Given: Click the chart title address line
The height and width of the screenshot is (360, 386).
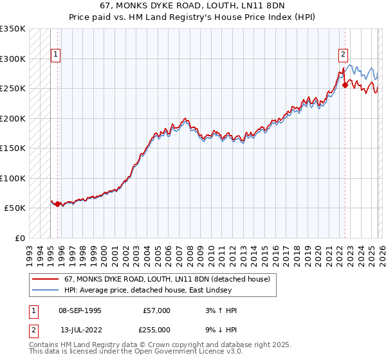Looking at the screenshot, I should pyautogui.click(x=193, y=5).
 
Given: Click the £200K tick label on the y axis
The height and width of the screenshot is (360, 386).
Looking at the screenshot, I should pyautogui.click(x=13, y=118).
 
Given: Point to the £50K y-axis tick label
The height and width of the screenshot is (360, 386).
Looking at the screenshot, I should pyautogui.click(x=15, y=208).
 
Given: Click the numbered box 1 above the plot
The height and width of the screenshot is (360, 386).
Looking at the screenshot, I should pyautogui.click(x=56, y=55).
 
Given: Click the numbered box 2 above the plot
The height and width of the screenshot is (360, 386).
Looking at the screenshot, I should pyautogui.click(x=344, y=55).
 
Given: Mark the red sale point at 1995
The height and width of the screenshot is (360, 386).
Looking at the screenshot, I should pyautogui.click(x=58, y=204).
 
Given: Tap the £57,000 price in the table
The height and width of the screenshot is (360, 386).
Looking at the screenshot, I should pyautogui.click(x=156, y=310).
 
